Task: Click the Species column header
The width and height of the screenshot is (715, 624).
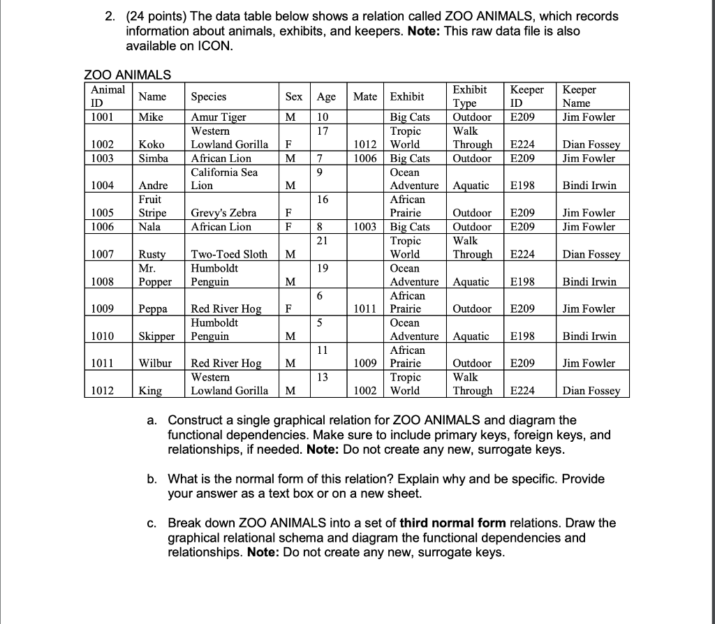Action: click(x=208, y=96)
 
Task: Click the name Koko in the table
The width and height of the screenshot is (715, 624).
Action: click(x=151, y=144)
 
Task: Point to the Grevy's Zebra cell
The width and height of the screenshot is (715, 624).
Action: click(x=223, y=213)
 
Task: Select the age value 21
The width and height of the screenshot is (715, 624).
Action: click(x=322, y=241)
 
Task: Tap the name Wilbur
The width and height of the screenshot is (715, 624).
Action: click(x=156, y=363)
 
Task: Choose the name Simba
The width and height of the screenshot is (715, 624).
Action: click(x=153, y=158)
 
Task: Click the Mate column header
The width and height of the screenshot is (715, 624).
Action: click(x=365, y=96)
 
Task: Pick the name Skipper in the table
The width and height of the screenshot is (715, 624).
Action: click(x=156, y=336)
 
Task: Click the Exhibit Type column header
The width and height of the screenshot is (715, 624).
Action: click(x=471, y=96)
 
